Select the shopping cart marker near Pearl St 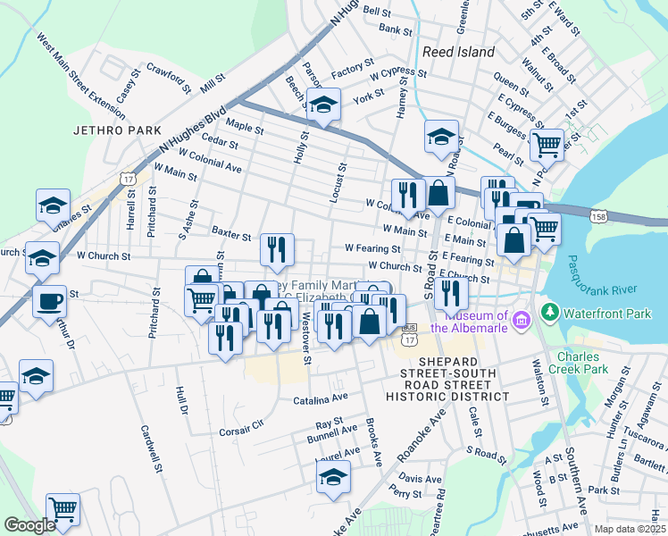coord(546,142)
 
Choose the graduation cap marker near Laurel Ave coord(333,475)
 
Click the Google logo coord(29,525)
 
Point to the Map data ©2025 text coord(630,529)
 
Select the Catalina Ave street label coord(321,398)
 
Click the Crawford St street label coord(169,76)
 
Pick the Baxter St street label coord(231,234)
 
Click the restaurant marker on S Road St coord(452,293)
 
